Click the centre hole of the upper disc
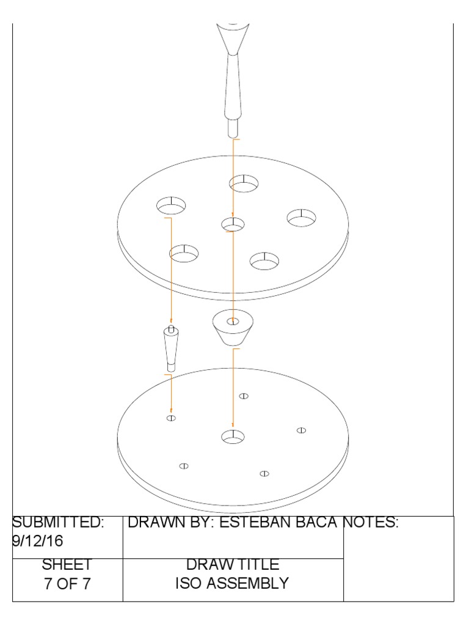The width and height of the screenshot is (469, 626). tap(233, 224)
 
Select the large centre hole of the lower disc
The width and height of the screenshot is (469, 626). tap(232, 436)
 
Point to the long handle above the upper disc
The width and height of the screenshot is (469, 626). tap(232, 79)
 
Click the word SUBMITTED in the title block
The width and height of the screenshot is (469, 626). tap(59, 523)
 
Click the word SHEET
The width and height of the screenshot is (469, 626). tap(67, 564)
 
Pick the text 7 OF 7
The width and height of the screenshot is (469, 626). tap(67, 583)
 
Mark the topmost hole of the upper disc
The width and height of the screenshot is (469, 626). tap(244, 182)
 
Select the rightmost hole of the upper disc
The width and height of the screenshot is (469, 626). tap(302, 217)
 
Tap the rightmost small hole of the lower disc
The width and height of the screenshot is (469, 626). tap(301, 430)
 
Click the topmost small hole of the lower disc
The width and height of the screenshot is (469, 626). tap(244, 396)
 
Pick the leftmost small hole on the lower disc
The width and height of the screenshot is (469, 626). tap(171, 418)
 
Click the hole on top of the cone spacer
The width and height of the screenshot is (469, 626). tap(233, 322)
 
